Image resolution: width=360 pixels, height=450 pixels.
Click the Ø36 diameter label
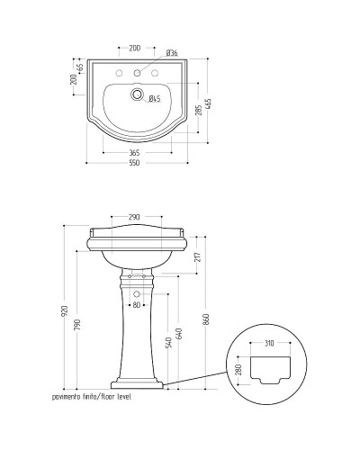coord(172,53)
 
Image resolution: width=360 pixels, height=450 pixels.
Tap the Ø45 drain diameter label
coord(155,98)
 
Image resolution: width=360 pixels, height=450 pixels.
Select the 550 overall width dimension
coord(134,163)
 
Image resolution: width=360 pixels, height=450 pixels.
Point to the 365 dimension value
coord(134,153)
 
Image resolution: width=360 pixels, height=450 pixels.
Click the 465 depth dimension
coord(209,104)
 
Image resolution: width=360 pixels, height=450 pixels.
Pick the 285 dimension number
coord(199,109)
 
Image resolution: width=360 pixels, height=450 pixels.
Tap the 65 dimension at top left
coord(80,67)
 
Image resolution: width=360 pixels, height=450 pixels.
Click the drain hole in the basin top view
coord(137,94)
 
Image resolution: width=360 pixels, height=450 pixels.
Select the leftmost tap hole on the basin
coord(120,73)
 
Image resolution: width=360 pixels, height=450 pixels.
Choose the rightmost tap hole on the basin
coord(155,73)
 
